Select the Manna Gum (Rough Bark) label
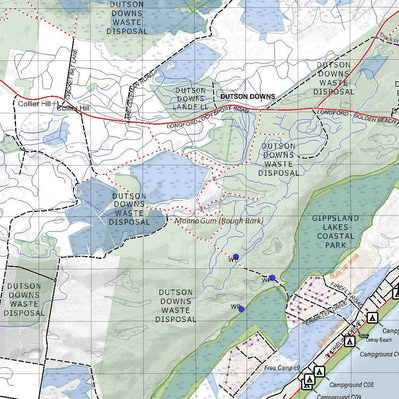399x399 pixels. pos(216,221)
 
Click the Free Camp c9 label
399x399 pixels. pos(284,368)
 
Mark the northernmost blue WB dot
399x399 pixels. pos(236,257)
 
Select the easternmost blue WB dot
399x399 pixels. pos(272,279)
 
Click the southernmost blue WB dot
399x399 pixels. pos(241,308)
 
